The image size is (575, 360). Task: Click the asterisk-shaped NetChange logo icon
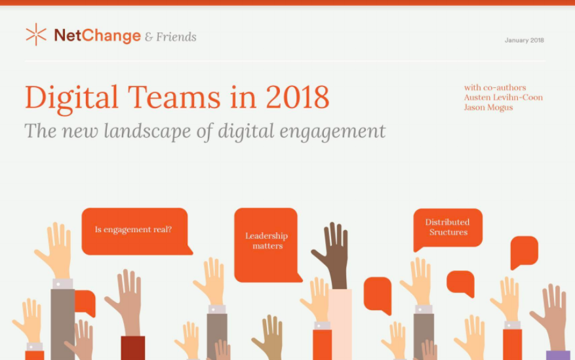tap(36, 35)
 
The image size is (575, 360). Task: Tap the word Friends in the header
tap(176, 37)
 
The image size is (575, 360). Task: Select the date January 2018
tap(524, 40)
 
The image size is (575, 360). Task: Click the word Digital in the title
tap(71, 98)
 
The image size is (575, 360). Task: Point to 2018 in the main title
tap(298, 97)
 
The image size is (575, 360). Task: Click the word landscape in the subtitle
tap(147, 131)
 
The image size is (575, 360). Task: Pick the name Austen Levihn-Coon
tap(503, 98)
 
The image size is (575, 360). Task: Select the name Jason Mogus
tap(488, 108)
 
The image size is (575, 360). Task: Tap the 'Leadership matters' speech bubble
tap(268, 245)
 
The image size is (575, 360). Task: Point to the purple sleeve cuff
tap(558, 355)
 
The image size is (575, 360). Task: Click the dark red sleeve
tap(132, 348)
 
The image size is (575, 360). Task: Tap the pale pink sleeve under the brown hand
tap(340, 325)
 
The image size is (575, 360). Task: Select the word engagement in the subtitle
tap(332, 132)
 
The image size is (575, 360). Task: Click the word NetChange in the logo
tap(98, 35)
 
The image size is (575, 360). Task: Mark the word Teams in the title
tap(174, 97)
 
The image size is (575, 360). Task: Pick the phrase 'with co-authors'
tap(495, 88)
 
